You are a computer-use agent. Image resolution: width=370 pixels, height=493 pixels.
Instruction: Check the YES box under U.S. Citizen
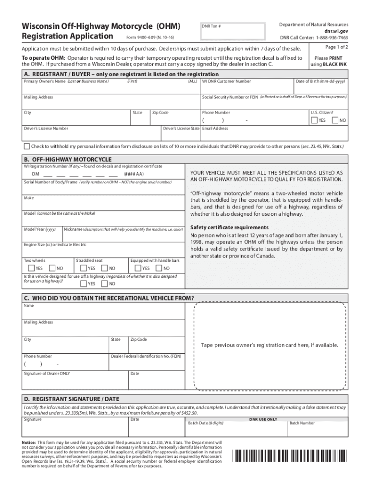tap(314, 120)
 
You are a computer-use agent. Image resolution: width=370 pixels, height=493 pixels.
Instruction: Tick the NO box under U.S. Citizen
tap(335, 120)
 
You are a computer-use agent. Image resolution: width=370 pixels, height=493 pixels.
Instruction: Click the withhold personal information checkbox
tap(27, 146)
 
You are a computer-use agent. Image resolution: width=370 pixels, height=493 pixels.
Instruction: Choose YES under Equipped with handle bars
tap(138, 268)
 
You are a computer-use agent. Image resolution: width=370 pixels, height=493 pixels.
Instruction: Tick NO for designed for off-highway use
tap(104, 284)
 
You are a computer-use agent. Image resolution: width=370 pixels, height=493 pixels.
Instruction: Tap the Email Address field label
tap(215, 129)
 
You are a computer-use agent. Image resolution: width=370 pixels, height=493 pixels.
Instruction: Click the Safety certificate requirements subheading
tap(229, 227)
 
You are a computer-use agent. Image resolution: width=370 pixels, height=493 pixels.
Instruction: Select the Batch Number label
tap(302, 423)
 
